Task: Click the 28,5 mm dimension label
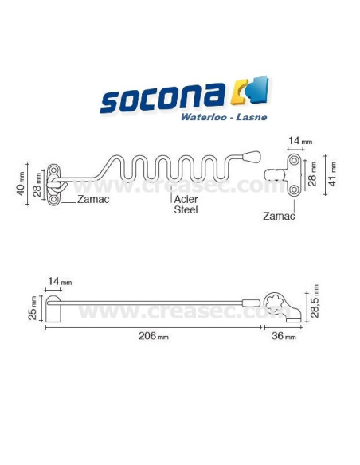tap(316, 299)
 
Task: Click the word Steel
tap(186, 211)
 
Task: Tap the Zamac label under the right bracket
tap(280, 215)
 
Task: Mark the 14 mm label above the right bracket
tap(299, 141)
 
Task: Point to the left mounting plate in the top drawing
tap(53, 184)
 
